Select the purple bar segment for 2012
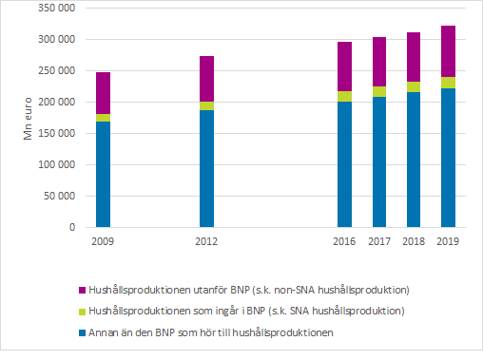[x=206, y=79]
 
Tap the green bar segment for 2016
[x=344, y=96]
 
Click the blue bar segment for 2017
[x=378, y=161]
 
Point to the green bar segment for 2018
[x=414, y=86]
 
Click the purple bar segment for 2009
[x=103, y=93]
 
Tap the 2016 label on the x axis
[x=344, y=242]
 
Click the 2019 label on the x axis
[x=448, y=242]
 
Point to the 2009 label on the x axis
[x=103, y=242]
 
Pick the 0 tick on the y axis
[x=69, y=228]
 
